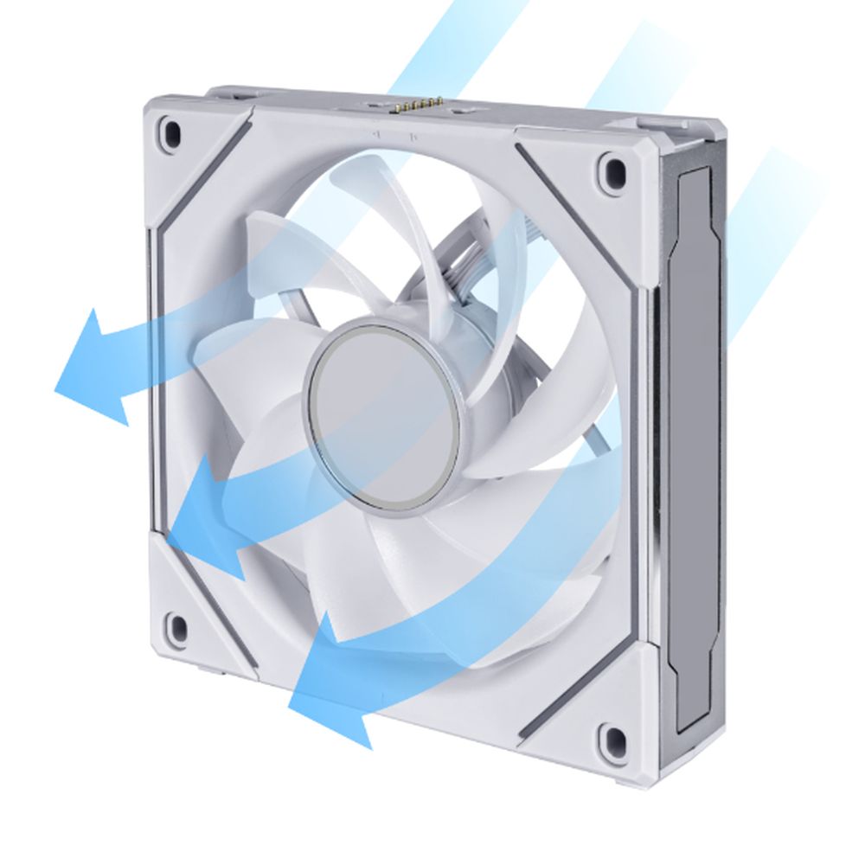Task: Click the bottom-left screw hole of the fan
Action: tap(176, 625)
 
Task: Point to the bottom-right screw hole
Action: tap(613, 737)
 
